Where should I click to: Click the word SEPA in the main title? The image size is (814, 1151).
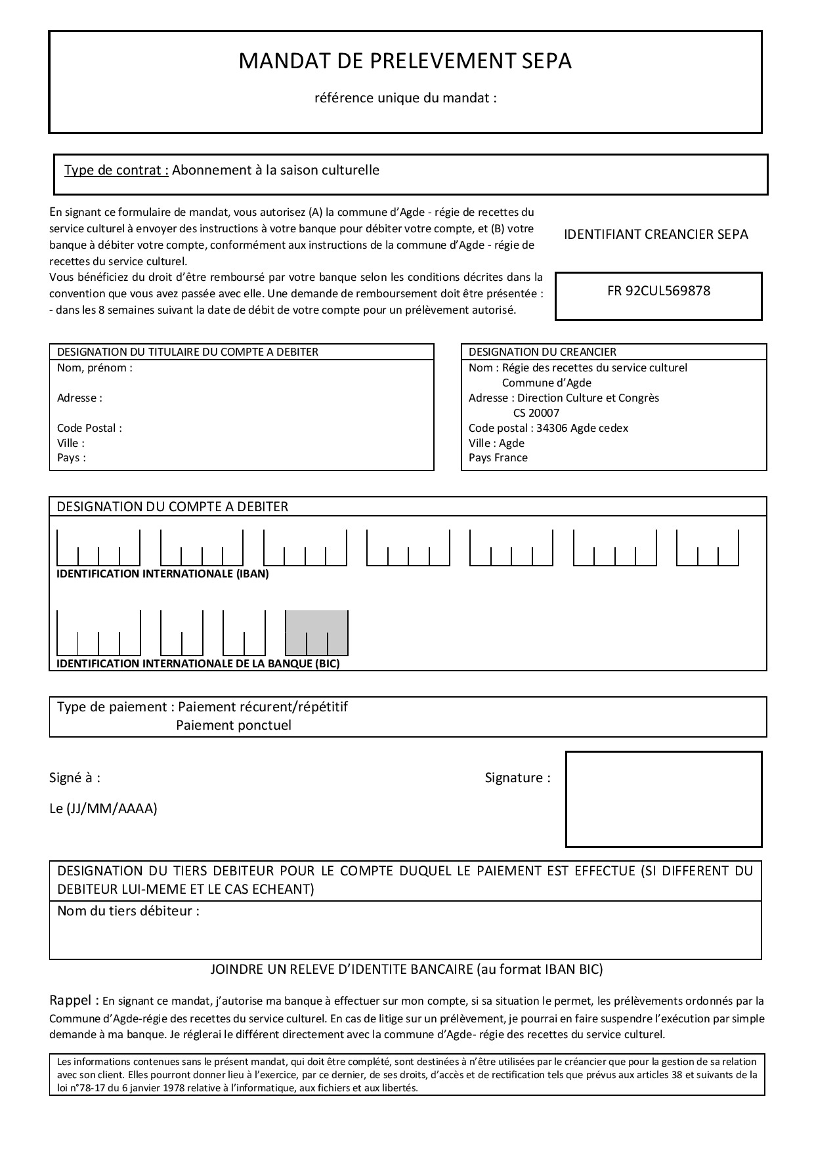pos(546,61)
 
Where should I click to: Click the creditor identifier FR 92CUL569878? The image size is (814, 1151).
pos(658,291)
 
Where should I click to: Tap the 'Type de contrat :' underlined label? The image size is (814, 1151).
pos(116,171)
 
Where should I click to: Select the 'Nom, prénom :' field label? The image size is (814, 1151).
pos(95,368)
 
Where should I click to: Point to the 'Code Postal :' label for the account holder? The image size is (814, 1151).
pos(89,429)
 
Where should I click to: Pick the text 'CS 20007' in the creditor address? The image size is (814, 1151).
pos(536,413)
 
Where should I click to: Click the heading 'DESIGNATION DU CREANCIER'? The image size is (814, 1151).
pos(542,352)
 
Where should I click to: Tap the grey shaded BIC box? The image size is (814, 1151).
pos(316,633)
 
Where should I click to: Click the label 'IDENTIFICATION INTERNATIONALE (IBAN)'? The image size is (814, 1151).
pos(163,574)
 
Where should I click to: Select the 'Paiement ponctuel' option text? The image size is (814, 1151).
pos(234,726)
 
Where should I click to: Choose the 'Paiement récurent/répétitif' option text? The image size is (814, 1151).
pos(263,707)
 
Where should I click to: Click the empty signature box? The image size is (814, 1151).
pos(664,799)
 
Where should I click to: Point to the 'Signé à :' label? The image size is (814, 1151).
pos(75,778)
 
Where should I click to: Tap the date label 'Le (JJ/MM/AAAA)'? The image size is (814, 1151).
pos(103,808)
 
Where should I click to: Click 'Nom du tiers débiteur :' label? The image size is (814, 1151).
pos(128,911)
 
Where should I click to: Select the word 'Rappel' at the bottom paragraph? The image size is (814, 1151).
pos(71,1001)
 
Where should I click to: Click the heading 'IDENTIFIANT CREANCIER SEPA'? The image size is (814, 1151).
pos(656,235)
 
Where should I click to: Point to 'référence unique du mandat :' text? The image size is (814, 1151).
pos(405,98)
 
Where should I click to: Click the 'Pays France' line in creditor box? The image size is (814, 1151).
pos(498,458)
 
